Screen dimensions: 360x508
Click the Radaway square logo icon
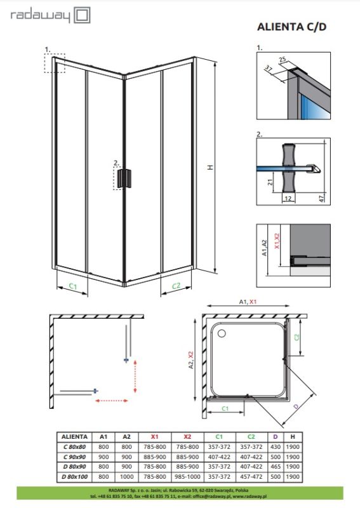coord(83,15)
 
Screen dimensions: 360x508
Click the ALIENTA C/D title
coord(291,27)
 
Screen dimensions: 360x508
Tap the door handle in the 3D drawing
coord(124,178)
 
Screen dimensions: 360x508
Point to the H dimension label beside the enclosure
coord(211,167)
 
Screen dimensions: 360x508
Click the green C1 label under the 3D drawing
coord(73,286)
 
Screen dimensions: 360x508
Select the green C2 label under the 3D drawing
coord(176,286)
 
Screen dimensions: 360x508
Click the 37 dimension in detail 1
coord(269,69)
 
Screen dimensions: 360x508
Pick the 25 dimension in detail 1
coord(283,60)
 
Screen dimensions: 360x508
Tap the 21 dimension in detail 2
coord(270,182)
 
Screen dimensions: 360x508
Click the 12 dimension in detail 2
coord(288,199)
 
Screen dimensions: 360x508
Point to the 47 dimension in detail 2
coord(321,198)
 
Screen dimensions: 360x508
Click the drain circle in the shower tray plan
coord(222,333)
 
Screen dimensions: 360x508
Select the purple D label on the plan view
coord(296,406)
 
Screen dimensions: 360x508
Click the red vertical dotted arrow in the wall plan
coord(135,376)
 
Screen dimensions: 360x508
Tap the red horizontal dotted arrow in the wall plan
coord(112,401)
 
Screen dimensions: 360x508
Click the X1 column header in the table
coord(155,437)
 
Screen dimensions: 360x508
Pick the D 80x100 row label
coord(74,477)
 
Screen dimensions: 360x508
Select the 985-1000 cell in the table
coord(187,477)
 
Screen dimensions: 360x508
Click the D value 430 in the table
coord(276,447)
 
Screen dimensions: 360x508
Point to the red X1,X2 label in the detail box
coord(277,241)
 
